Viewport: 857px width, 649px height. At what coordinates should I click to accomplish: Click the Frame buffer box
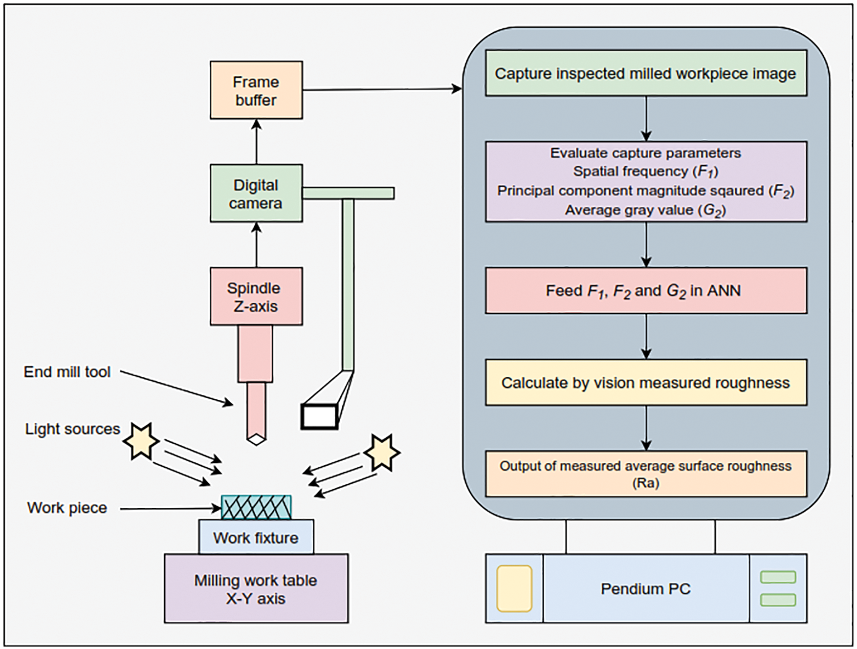tap(256, 90)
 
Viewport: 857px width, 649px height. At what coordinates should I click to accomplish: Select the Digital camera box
tap(256, 194)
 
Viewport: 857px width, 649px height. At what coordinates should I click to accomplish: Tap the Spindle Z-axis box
tap(256, 296)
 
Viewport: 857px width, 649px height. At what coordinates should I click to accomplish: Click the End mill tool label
tap(67, 372)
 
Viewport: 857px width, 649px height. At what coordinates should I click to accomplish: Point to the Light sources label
tap(72, 429)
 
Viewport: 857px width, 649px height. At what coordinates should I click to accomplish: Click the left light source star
tap(141, 441)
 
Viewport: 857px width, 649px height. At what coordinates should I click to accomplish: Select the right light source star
tap(382, 453)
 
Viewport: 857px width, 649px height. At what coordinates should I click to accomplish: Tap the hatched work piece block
tap(256, 507)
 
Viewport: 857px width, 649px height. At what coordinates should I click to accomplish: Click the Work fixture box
tap(256, 537)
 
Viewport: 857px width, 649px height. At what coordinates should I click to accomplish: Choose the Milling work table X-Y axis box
tap(256, 588)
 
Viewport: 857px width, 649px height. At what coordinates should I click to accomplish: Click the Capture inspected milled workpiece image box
tap(646, 73)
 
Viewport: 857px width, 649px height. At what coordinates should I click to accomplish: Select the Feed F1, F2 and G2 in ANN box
tap(646, 291)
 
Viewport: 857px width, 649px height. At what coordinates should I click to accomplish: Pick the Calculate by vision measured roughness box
tap(646, 383)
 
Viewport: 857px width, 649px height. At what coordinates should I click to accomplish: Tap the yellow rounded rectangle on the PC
tap(514, 588)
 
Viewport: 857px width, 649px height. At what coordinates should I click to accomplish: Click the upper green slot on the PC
tap(778, 577)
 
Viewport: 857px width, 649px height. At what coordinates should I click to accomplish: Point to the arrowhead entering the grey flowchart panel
tap(457, 88)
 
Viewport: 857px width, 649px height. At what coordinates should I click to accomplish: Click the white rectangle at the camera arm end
tap(319, 417)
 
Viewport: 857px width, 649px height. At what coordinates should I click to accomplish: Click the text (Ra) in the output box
tap(646, 483)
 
